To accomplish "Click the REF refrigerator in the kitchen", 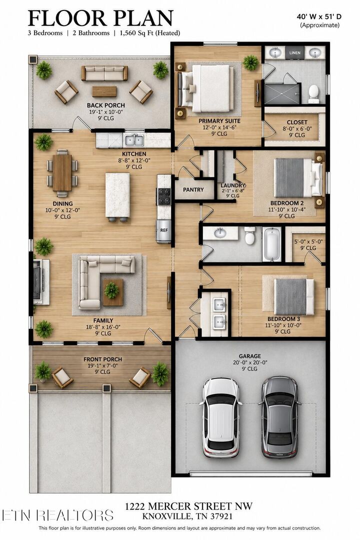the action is pos(164,230).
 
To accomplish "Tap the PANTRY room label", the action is pos(193,190).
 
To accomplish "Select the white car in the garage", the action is pos(221,417).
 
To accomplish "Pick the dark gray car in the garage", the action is pos(279,417).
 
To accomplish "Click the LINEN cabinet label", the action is pos(294,53).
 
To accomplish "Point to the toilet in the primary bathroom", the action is pos(313,94).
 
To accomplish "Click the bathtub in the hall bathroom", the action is pos(272,244).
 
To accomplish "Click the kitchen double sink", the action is pos(134,140).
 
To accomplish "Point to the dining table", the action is pos(62,172).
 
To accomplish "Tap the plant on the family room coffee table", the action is pos(111,290).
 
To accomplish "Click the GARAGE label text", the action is pos(250,356).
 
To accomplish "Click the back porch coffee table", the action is pos(104,91).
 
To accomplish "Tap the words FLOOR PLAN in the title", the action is pos(100,18).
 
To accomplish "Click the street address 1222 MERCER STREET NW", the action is pos(188,506).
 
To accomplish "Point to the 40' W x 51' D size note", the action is pos(319,16).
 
